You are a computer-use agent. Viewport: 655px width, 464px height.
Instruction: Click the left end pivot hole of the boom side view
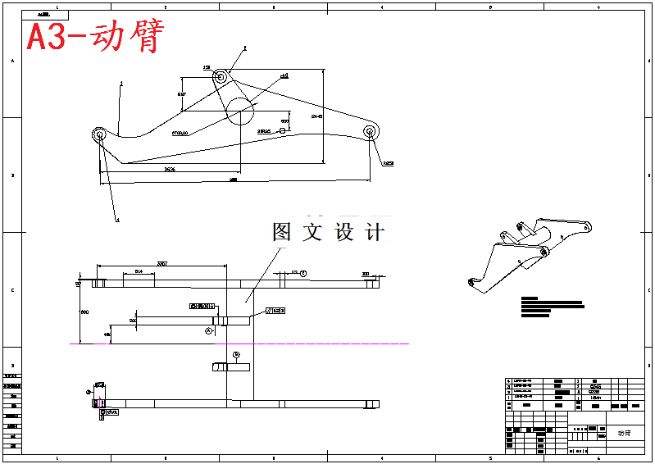tap(99, 134)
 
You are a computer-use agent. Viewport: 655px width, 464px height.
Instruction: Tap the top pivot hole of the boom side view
tap(221, 77)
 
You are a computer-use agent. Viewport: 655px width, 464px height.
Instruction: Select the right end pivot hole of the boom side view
tap(370, 130)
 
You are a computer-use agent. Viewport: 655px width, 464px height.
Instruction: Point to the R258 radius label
tap(388, 164)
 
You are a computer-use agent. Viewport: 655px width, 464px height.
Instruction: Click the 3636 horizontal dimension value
tap(169, 169)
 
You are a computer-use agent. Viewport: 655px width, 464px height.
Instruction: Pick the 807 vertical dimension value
tap(181, 95)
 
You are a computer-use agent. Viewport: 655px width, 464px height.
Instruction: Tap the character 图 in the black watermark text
tap(282, 232)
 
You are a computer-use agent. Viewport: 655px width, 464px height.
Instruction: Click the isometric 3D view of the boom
tap(529, 250)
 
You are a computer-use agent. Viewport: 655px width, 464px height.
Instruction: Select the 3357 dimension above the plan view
tap(162, 263)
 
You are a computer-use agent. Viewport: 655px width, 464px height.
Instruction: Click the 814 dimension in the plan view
tap(139, 271)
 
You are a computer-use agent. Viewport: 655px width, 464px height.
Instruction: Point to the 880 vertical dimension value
tap(83, 312)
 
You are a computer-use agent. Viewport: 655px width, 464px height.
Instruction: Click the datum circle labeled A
tap(209, 330)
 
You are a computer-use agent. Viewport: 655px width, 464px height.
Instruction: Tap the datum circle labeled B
tap(236, 355)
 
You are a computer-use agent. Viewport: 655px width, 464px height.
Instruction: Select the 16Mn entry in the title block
tap(595, 397)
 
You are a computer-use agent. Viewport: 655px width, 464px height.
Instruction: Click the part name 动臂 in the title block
tap(625, 432)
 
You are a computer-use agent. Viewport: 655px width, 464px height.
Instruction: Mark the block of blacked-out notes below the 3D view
tap(551, 307)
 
